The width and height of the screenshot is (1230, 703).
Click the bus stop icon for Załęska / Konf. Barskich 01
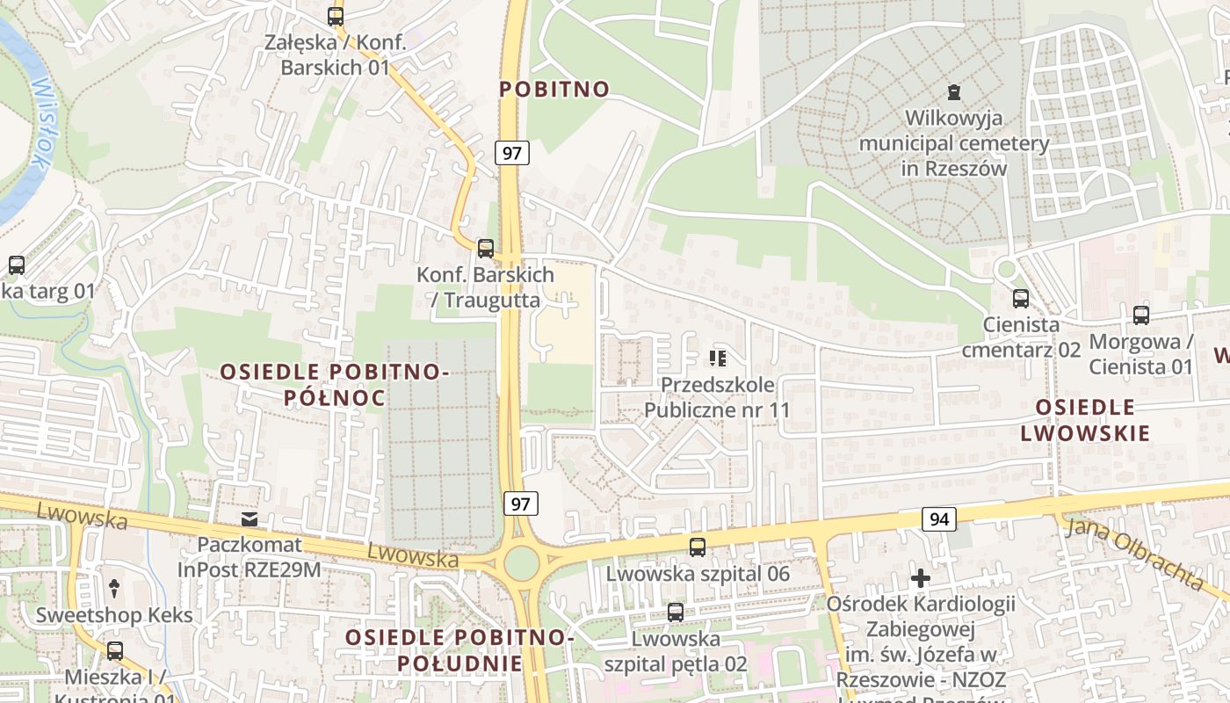(335, 16)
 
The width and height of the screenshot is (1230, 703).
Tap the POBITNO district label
(554, 89)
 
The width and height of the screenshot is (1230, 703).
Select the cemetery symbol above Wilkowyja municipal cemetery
(953, 91)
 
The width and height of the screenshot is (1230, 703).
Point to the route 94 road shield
(939, 519)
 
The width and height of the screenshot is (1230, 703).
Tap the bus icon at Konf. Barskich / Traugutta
(485, 249)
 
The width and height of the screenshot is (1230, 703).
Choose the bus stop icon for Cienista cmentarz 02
(1020, 299)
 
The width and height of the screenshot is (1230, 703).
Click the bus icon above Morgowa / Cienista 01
(1140, 315)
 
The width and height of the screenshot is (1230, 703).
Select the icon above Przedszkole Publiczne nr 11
(718, 359)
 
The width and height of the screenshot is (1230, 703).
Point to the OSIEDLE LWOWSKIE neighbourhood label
(1085, 420)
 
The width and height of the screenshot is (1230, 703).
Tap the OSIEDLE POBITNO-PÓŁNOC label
(334, 385)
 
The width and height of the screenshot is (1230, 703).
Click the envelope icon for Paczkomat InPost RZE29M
(250, 519)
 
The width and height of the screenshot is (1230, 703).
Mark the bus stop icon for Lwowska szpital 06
(698, 547)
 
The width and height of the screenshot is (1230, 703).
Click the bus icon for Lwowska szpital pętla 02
(675, 612)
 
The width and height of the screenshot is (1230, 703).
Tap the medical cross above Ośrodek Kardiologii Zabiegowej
(920, 578)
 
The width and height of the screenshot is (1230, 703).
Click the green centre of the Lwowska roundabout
(521, 563)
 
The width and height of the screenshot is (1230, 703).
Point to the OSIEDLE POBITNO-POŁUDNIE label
(459, 649)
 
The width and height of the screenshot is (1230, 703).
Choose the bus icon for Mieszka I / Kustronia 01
(114, 651)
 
